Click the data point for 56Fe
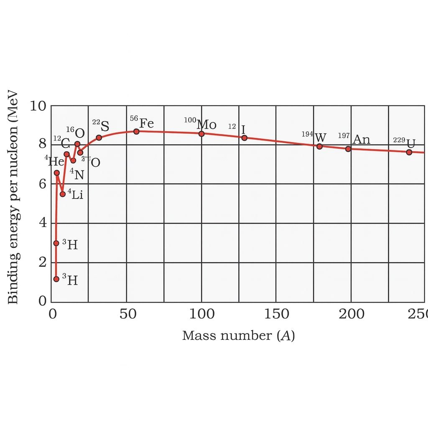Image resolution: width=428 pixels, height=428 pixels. tap(136, 132)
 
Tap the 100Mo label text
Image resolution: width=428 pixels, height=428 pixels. tap(200, 124)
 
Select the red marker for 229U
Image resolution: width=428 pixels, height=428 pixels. tap(409, 152)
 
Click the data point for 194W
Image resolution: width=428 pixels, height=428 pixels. tap(319, 146)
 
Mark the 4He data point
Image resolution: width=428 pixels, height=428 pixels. tap(57, 173)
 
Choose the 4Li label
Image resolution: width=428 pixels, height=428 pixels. tap(76, 194)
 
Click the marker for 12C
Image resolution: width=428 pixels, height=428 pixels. tap(66, 154)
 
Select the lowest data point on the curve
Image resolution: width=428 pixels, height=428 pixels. tap(56, 279)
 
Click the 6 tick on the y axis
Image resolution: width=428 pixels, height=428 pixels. tap(42, 184)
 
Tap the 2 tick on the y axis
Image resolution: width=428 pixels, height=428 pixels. tap(42, 262)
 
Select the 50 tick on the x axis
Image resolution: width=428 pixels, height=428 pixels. tap(126, 314)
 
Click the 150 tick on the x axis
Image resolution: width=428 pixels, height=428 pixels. tap(276, 314)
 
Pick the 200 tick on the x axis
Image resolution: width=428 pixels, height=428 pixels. tap(351, 314)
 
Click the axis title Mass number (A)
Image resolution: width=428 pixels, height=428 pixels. tap(238, 336)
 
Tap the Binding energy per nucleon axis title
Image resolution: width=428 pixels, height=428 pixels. tap(13, 196)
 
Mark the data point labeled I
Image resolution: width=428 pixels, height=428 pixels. tap(245, 138)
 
